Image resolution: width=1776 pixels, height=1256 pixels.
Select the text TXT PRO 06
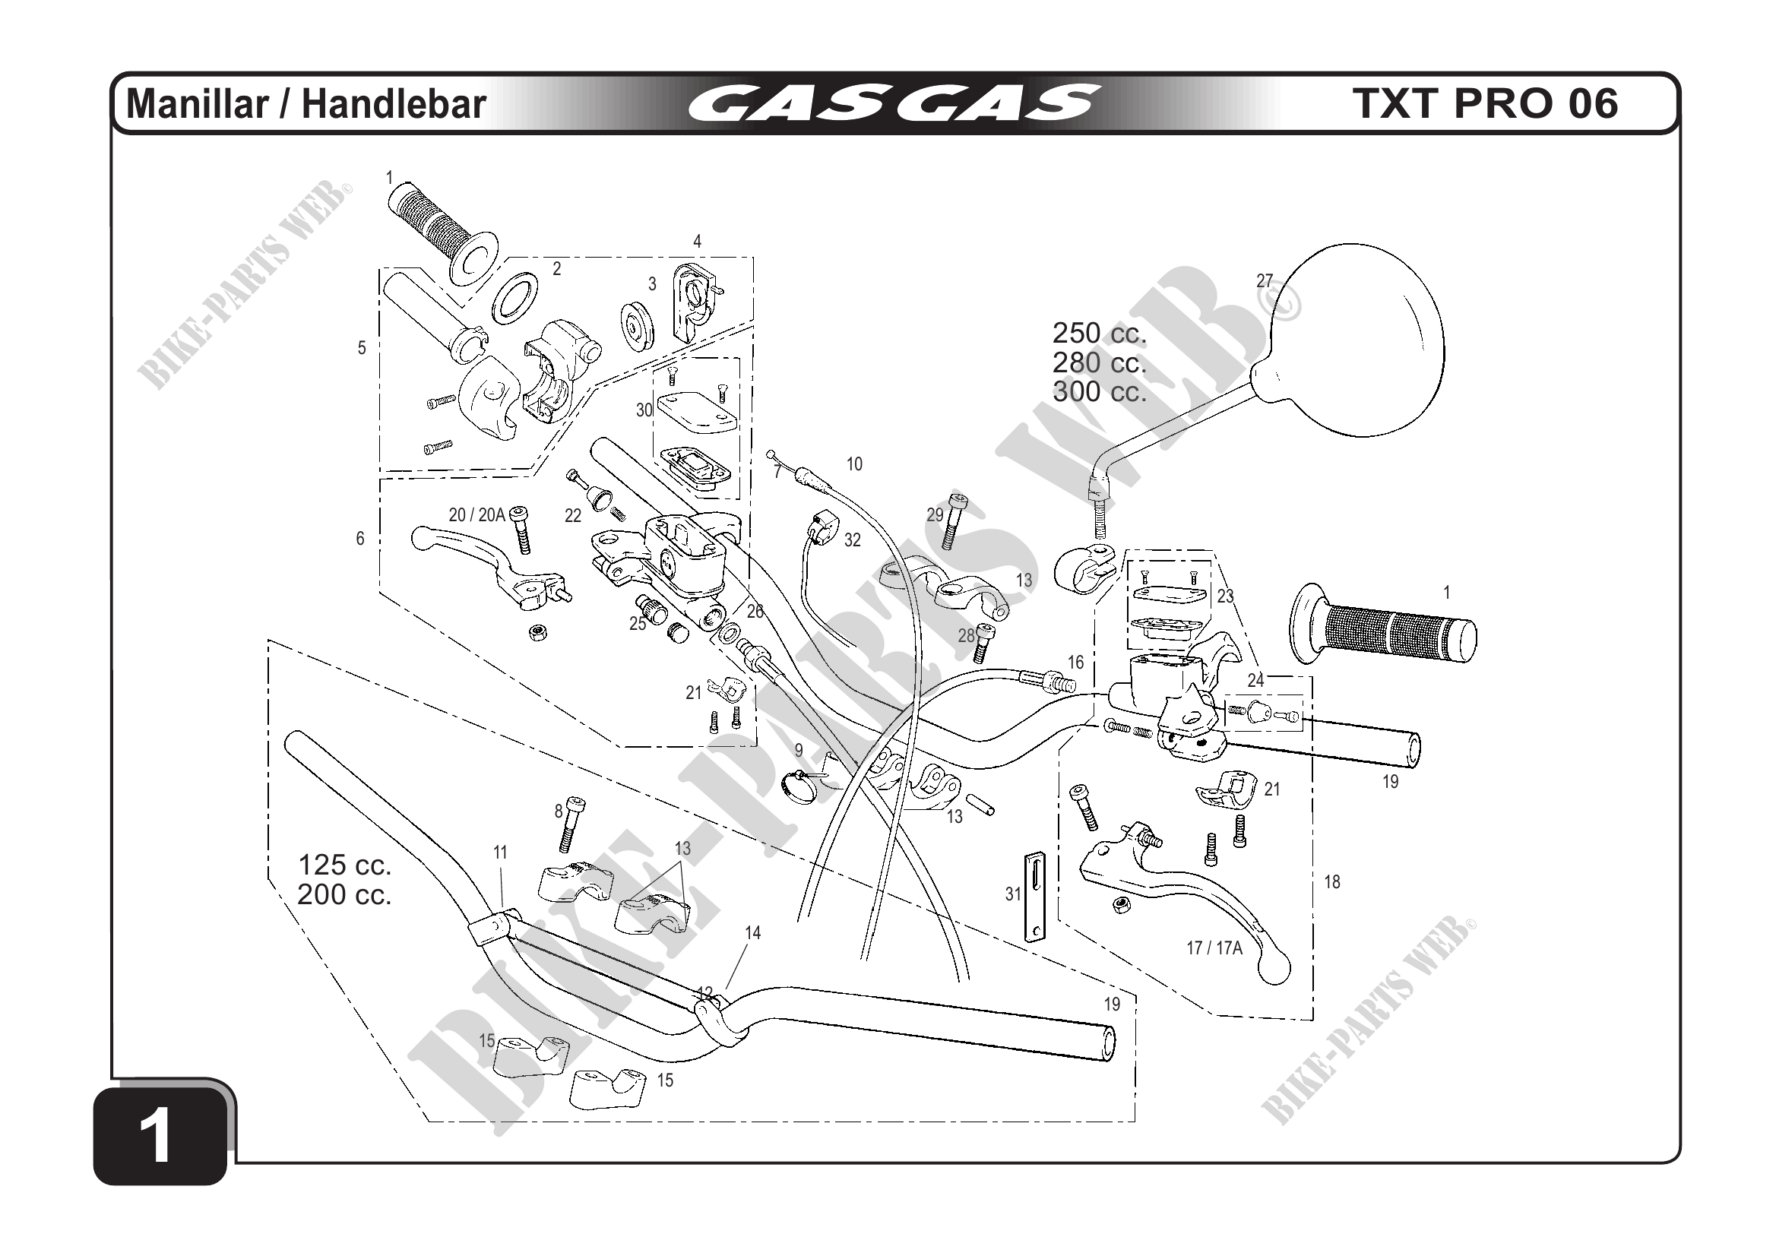click(x=1484, y=103)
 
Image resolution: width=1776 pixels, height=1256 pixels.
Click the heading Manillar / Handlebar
click(x=306, y=104)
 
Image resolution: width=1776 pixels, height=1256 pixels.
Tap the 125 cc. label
click(x=345, y=865)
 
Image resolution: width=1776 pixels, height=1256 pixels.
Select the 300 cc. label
click(x=1099, y=391)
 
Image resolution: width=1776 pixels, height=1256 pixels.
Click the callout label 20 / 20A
click(x=476, y=515)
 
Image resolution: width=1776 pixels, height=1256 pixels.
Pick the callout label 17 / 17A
click(x=1214, y=948)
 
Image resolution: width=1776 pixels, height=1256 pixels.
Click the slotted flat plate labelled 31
click(x=1035, y=897)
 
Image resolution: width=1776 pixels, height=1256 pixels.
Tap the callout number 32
click(x=853, y=539)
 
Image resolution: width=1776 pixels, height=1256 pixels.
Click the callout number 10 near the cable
click(x=854, y=464)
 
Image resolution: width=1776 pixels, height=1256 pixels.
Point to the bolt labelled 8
click(x=574, y=824)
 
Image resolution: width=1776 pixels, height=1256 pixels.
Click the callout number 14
click(x=752, y=933)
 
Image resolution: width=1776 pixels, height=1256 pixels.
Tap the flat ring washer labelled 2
click(x=516, y=295)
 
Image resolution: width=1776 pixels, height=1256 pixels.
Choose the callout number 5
click(x=361, y=348)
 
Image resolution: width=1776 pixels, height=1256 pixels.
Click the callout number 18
click(x=1331, y=881)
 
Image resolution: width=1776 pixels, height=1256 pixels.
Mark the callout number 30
click(x=644, y=410)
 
